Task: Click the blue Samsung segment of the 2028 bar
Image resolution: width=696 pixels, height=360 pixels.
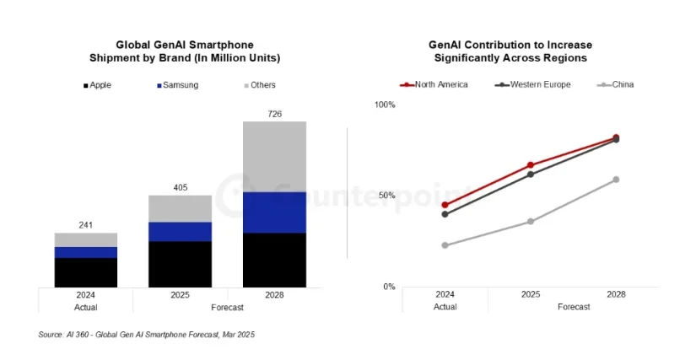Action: point(274,212)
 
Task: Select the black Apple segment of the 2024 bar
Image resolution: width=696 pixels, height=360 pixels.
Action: point(86,272)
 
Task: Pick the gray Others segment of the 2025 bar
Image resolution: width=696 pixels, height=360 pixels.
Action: point(180,208)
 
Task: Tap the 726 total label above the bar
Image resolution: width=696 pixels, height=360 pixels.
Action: point(274,113)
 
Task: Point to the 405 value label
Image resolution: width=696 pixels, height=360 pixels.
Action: point(180,187)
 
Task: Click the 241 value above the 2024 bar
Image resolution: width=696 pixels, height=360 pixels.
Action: point(86,225)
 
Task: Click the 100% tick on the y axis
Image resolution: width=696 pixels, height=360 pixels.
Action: point(385,105)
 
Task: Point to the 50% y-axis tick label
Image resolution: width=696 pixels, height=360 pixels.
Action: point(387,196)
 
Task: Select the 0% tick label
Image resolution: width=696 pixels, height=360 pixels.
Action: point(389,287)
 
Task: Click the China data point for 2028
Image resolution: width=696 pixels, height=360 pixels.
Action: point(616,180)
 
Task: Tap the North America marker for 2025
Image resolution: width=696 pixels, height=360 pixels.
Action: point(531,165)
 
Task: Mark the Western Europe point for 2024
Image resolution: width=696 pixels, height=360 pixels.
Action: point(445,214)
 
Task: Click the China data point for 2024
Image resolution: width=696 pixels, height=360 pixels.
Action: point(445,245)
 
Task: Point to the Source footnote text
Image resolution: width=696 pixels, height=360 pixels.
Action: point(147,335)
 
